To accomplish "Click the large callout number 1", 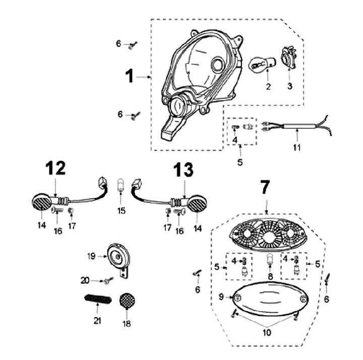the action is click(130, 77).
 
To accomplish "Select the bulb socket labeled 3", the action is click(288, 57).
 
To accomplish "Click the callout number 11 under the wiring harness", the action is click(296, 148).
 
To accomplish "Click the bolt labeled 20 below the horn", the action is click(107, 281).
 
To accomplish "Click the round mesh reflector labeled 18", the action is click(126, 302).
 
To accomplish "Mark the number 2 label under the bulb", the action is click(268, 87).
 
